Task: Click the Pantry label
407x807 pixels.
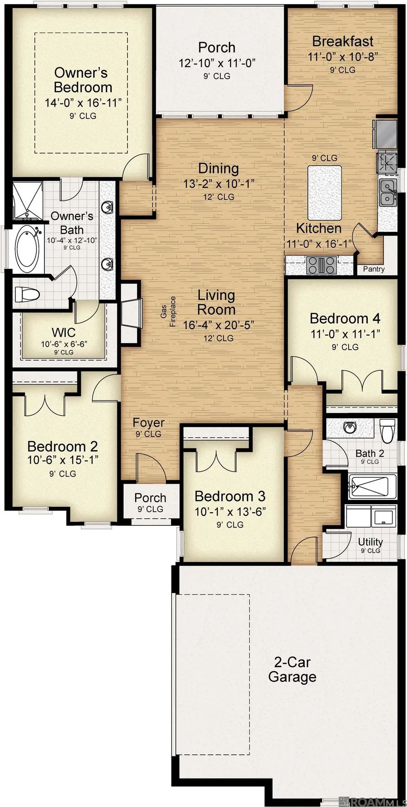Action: (x=374, y=269)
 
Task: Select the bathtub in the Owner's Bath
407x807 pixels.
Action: (x=27, y=248)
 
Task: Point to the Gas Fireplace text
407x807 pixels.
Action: (x=168, y=311)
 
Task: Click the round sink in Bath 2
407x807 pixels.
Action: (x=350, y=427)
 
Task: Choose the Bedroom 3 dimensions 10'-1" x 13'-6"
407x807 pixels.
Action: (x=230, y=511)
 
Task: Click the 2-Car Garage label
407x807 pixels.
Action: (x=292, y=670)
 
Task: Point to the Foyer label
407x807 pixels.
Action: (x=148, y=423)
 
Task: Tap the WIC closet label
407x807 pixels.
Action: (x=63, y=333)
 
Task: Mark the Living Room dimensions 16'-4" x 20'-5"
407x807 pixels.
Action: (x=218, y=325)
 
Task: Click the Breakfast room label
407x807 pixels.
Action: (x=343, y=42)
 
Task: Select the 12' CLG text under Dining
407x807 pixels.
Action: (x=218, y=197)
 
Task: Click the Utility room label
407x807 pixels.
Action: (x=370, y=542)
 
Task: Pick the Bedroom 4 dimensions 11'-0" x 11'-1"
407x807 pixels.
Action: (x=345, y=334)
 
